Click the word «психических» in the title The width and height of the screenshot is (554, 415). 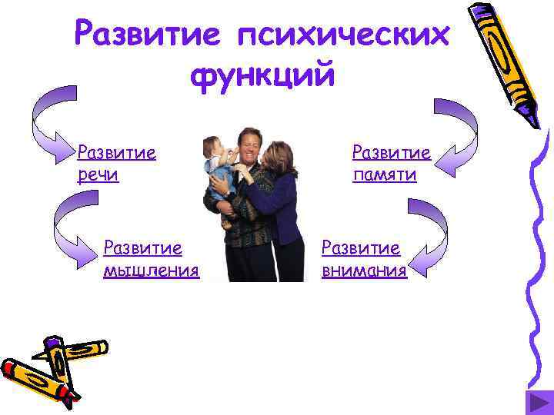pyautogui.click(x=343, y=35)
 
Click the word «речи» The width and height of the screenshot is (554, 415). pyautogui.click(x=98, y=175)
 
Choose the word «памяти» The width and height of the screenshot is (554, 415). pyautogui.click(x=385, y=175)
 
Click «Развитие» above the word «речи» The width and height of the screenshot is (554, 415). pyautogui.click(x=117, y=152)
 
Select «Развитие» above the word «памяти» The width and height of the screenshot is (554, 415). pyautogui.click(x=391, y=152)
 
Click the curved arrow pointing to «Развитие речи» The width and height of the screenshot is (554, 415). pyautogui.click(x=54, y=127)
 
